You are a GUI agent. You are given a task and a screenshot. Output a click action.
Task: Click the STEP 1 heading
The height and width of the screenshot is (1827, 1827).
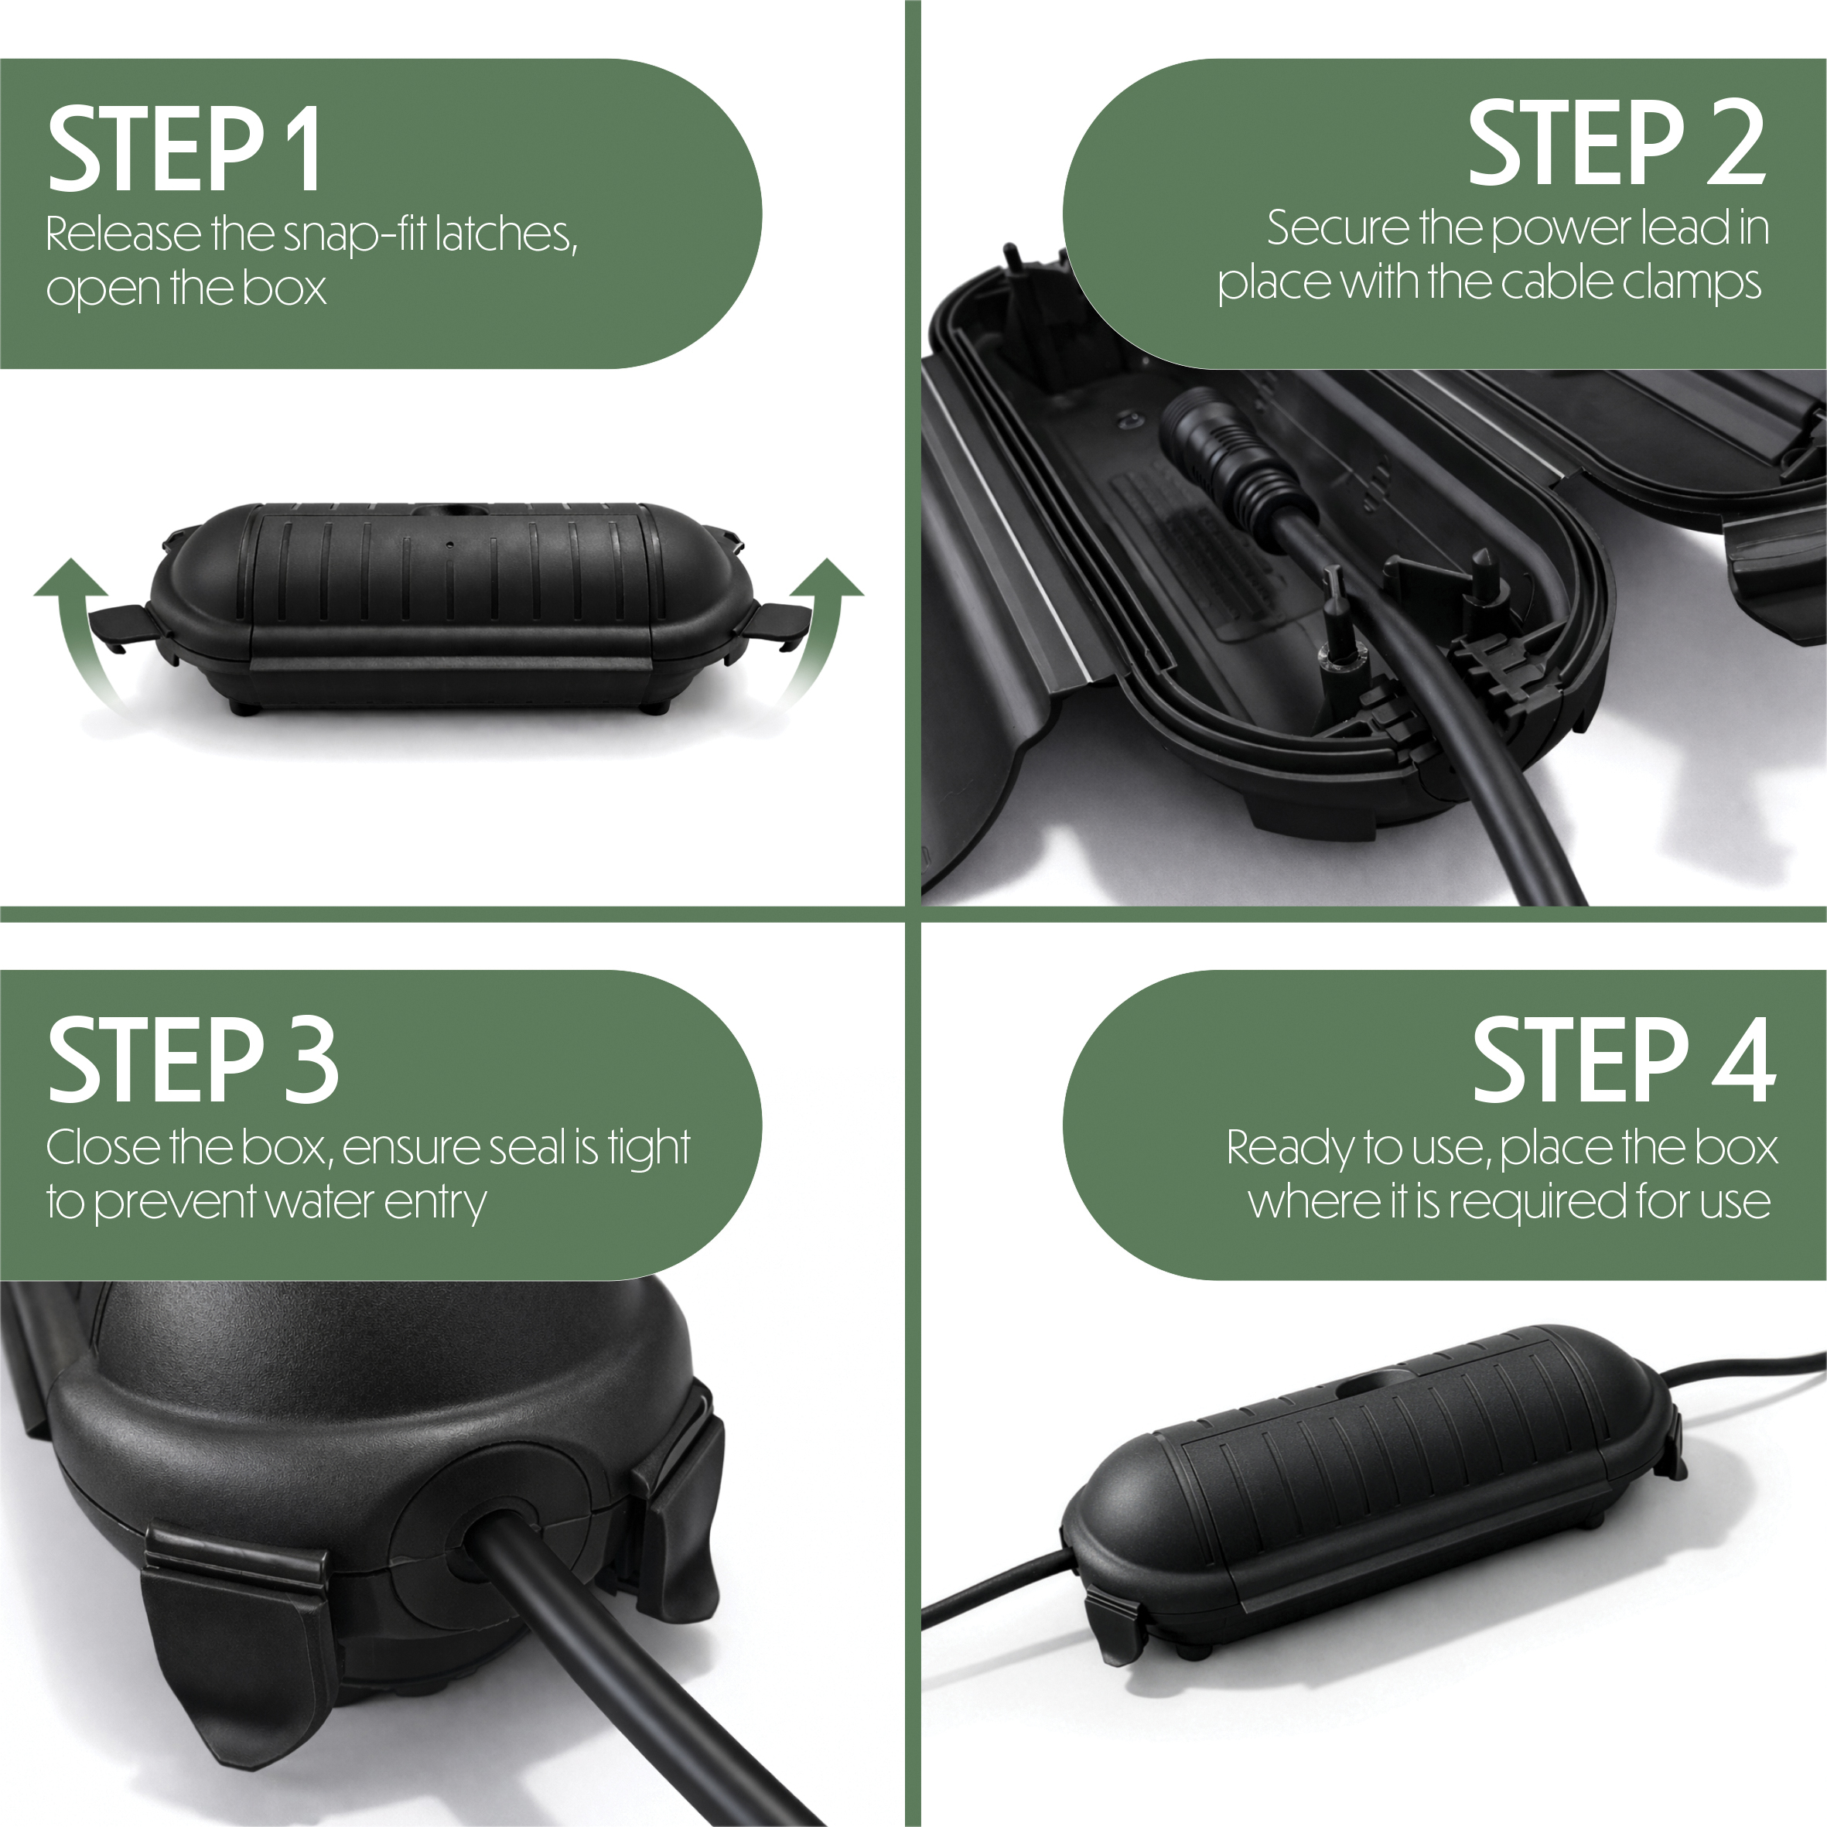pyautogui.click(x=184, y=148)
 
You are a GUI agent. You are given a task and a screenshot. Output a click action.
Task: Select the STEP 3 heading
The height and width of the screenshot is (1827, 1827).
pyautogui.click(x=193, y=1059)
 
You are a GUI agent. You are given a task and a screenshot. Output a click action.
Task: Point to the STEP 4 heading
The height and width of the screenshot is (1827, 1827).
pyautogui.click(x=1624, y=1059)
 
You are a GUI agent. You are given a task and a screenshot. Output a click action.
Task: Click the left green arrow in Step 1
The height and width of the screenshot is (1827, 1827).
pyautogui.click(x=77, y=633)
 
